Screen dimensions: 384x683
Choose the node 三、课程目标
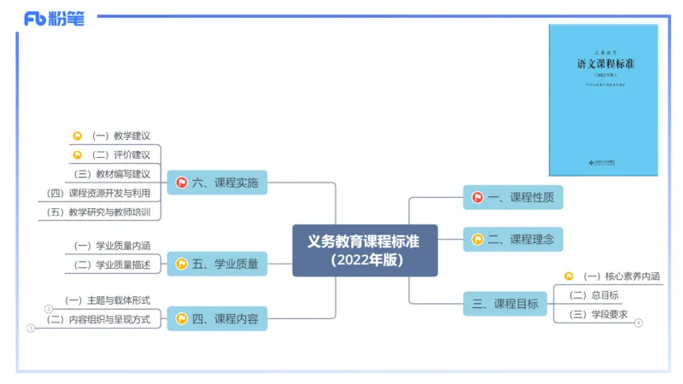505,303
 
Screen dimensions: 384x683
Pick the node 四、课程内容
217,319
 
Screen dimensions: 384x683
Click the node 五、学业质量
217,264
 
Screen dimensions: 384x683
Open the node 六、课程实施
217,182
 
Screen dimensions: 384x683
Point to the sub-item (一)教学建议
120,135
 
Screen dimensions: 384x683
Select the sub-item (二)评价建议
120,154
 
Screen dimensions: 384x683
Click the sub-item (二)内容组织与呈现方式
99,319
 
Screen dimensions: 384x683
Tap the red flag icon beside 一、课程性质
477,197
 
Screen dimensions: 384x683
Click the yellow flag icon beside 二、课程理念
477,239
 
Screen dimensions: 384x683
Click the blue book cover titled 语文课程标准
603,100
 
